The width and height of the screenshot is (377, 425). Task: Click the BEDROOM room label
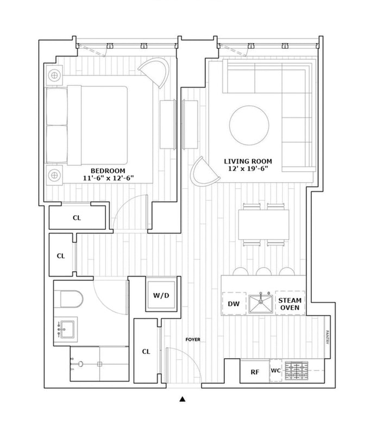pos(98,168)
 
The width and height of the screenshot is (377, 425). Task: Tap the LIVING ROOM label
pos(248,161)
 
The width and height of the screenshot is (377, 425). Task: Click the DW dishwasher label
pos(234,304)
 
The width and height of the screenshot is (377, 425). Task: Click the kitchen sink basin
pos(261,304)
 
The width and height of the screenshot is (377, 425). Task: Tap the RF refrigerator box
pos(254,372)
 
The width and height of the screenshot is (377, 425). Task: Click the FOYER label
pos(192,340)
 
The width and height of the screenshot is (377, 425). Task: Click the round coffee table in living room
pos(249,125)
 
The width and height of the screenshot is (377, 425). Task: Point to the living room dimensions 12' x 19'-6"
pos(248,170)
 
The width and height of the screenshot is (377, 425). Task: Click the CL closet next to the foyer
pos(146,352)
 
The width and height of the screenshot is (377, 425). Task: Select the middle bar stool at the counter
pos(263,271)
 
